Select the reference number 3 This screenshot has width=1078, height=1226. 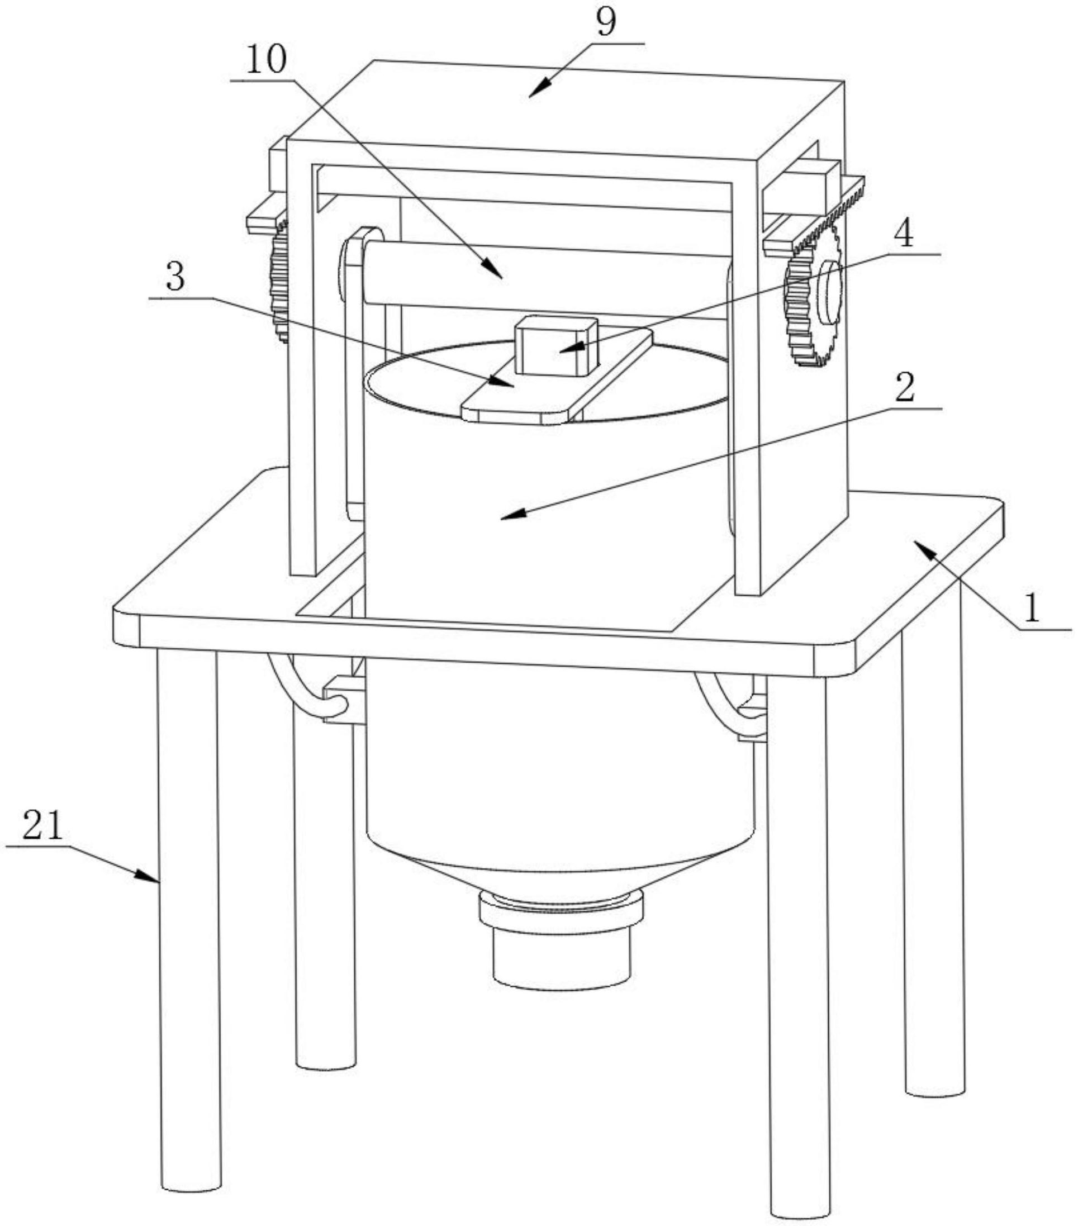coord(175,278)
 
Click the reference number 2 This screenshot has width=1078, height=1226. coord(905,388)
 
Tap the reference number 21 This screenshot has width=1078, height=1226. coord(42,826)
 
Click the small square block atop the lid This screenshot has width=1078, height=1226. coord(557,346)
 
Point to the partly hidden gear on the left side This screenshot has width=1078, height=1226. coord(279,280)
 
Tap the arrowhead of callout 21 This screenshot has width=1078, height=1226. coord(149,877)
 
